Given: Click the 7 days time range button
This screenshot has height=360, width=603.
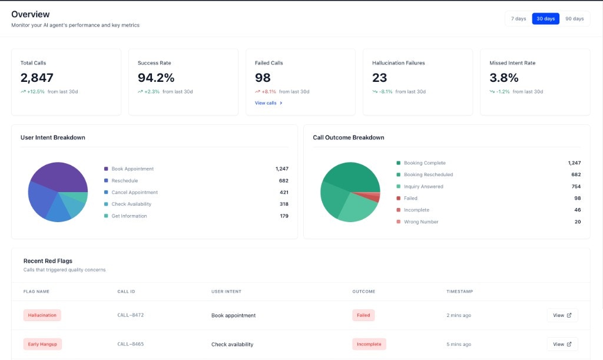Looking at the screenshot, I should [518, 19].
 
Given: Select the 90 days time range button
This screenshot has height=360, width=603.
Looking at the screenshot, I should [574, 19].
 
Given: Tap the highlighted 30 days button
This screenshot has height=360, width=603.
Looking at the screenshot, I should [545, 19].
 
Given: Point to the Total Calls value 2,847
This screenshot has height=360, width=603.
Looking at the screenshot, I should [37, 78].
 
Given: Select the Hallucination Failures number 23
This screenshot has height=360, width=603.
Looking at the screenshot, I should [380, 78].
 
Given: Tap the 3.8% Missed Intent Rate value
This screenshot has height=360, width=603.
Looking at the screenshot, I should [504, 78].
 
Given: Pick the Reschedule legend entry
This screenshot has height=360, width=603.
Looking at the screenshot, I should [125, 181].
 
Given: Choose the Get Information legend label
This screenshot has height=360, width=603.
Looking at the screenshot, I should [129, 216].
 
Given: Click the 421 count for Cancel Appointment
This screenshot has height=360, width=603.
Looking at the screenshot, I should [284, 193].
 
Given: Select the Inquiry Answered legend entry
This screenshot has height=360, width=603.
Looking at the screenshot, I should [423, 187].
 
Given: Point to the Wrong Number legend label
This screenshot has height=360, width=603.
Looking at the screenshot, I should [421, 222].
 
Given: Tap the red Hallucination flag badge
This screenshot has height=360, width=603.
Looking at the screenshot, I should [42, 315].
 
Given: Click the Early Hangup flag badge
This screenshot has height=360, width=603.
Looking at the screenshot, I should [42, 344].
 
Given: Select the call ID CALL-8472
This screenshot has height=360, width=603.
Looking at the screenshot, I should [131, 315].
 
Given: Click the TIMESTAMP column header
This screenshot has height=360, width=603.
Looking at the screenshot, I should [459, 292].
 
